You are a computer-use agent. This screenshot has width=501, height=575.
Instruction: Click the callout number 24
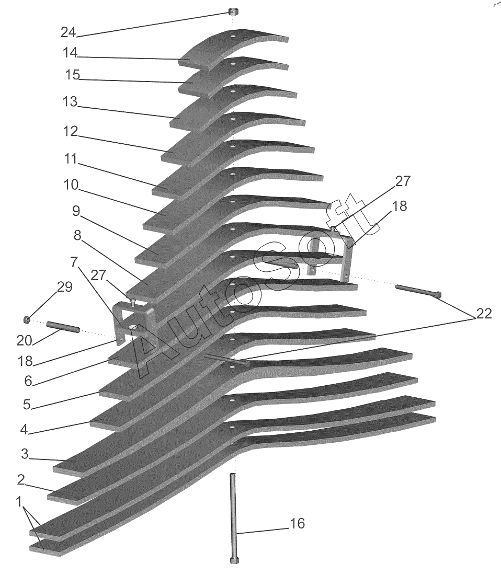(68, 32)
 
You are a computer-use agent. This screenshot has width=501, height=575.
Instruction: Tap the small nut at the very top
(233, 11)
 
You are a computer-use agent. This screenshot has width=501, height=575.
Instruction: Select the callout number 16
(298, 523)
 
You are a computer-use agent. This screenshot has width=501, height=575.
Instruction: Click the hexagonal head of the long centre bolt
(234, 560)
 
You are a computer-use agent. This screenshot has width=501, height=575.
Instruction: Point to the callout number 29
(64, 287)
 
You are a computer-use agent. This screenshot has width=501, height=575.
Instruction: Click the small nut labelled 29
(26, 319)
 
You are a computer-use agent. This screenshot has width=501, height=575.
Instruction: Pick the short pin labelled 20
(63, 327)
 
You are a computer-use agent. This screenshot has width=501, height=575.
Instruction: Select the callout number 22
(484, 314)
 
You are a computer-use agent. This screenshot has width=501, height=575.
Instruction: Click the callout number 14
(70, 53)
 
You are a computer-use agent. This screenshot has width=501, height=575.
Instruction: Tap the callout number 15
(72, 75)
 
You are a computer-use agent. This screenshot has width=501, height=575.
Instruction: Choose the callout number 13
(70, 101)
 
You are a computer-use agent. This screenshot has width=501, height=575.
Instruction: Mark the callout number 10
(71, 185)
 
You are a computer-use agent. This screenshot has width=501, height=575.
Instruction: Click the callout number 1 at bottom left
(19, 502)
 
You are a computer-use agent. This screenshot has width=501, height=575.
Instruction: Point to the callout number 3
(25, 454)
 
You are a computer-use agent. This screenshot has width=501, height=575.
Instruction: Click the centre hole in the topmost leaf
(233, 37)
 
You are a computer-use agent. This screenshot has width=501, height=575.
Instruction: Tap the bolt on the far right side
(418, 290)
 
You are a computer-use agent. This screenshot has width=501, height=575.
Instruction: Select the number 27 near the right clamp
(402, 181)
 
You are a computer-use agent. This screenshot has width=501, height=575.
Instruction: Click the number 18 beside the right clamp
(400, 206)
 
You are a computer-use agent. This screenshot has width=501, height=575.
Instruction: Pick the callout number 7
(74, 262)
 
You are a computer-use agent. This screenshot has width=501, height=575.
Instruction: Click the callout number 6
(28, 382)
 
